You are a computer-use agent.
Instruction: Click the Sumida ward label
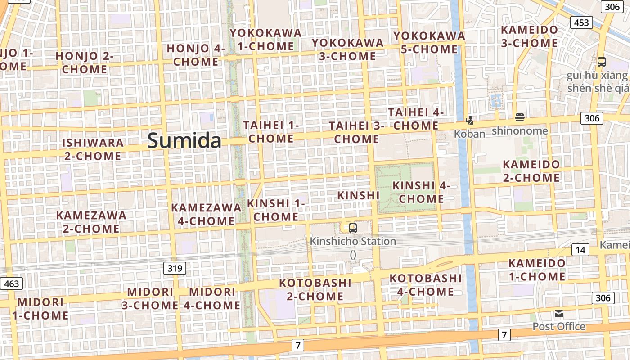[184, 141]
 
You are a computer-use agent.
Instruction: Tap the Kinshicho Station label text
[353, 241]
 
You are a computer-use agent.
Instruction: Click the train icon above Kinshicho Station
[353, 228]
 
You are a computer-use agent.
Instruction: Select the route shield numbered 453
[581, 22]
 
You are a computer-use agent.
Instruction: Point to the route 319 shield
[175, 269]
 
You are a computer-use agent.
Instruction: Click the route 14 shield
[580, 250]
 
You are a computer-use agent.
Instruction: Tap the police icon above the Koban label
[470, 120]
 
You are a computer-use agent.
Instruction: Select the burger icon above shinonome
[520, 117]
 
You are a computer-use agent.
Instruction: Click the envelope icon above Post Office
[559, 314]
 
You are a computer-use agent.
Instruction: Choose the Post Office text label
[559, 326]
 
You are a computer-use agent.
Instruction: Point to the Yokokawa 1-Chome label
[265, 40]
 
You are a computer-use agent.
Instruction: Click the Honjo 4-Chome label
[196, 55]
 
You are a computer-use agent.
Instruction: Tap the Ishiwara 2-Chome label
[93, 149]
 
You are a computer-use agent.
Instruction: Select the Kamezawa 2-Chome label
[91, 222]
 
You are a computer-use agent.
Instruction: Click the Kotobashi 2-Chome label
[315, 289]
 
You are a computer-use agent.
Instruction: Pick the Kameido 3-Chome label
[530, 36]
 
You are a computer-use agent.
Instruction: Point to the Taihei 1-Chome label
[271, 132]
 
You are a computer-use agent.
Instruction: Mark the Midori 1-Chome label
[40, 308]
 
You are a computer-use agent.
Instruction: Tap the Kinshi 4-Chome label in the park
[421, 192]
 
